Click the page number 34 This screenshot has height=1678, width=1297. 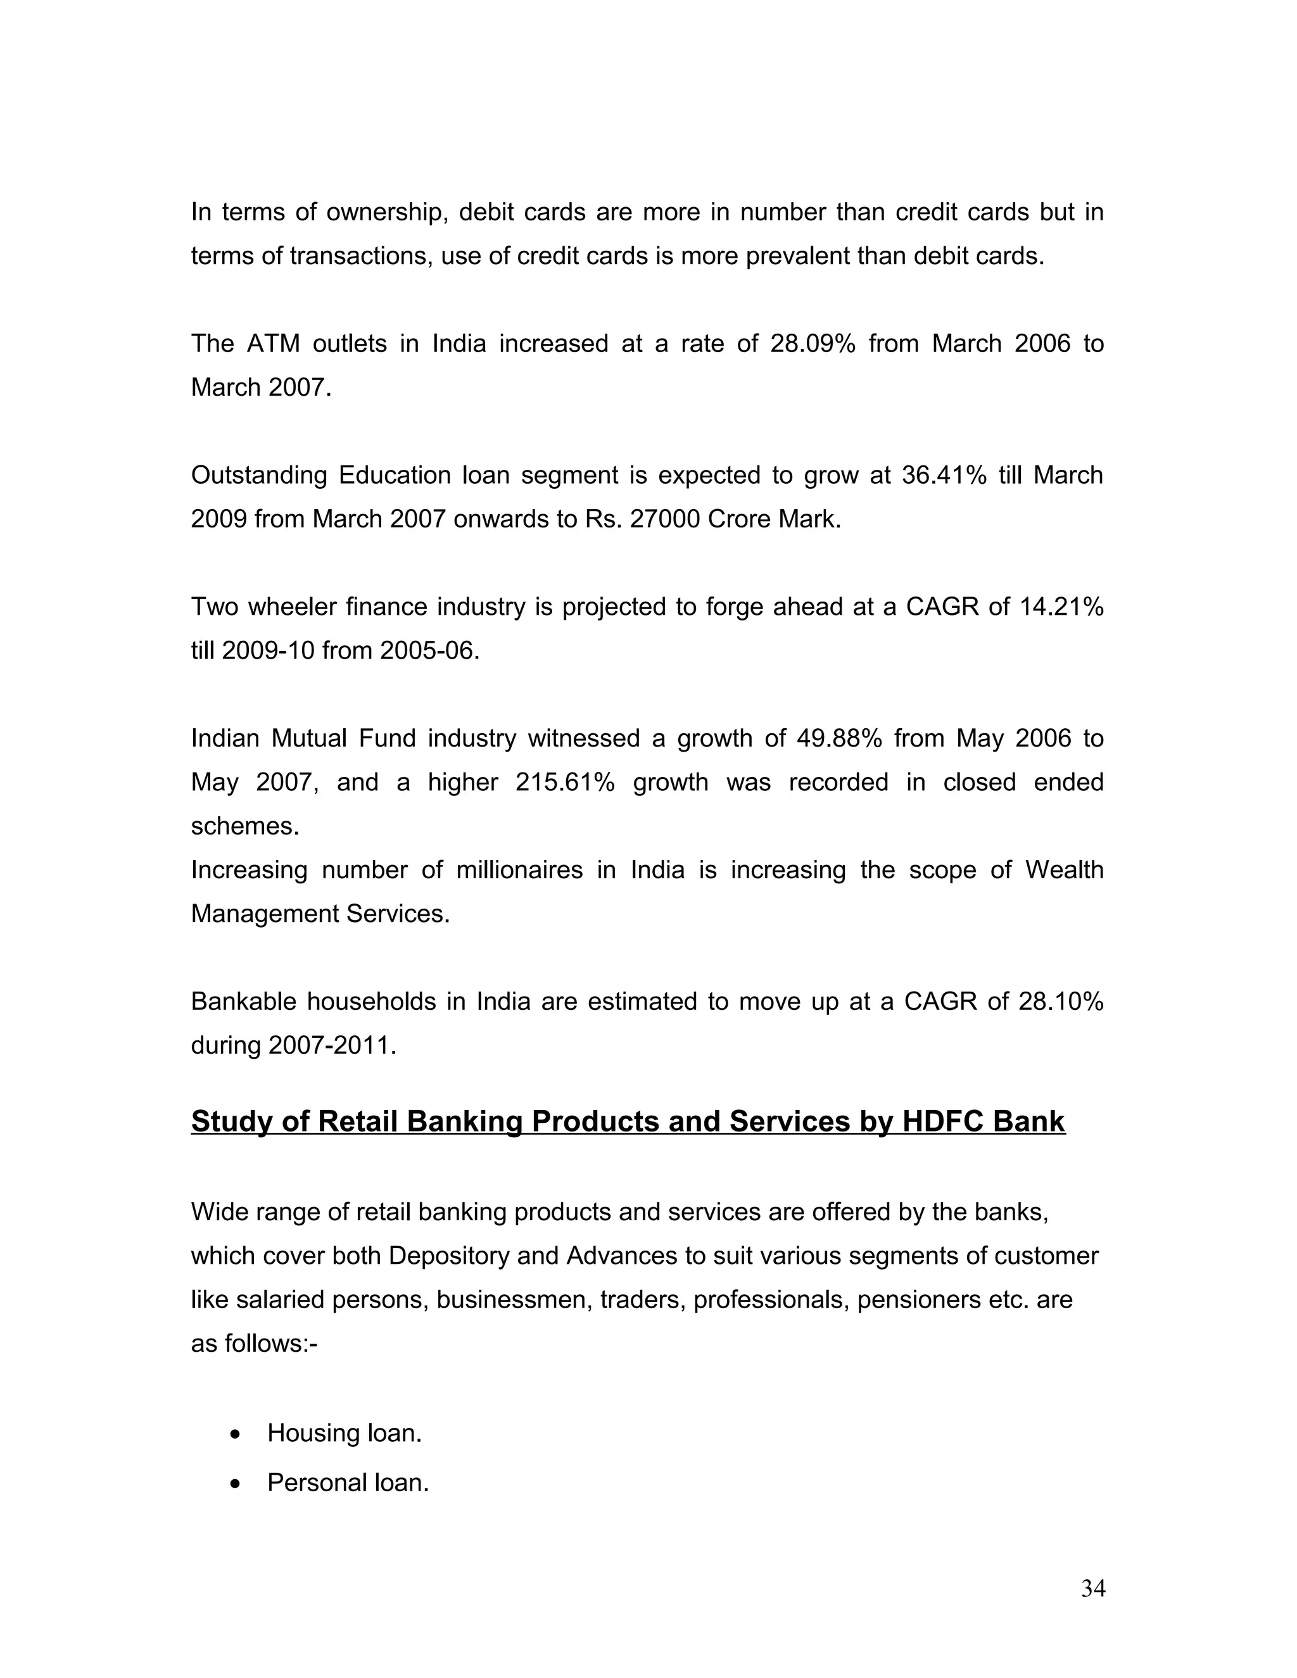pos(1092,1588)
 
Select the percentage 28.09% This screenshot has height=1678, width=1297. pos(812,343)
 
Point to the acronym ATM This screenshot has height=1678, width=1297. pos(274,343)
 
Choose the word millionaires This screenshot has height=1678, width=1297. pos(519,871)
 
